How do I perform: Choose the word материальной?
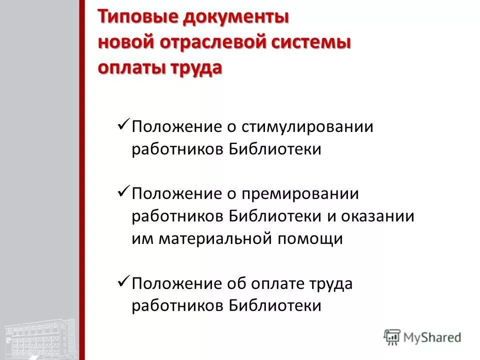click(214, 239)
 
